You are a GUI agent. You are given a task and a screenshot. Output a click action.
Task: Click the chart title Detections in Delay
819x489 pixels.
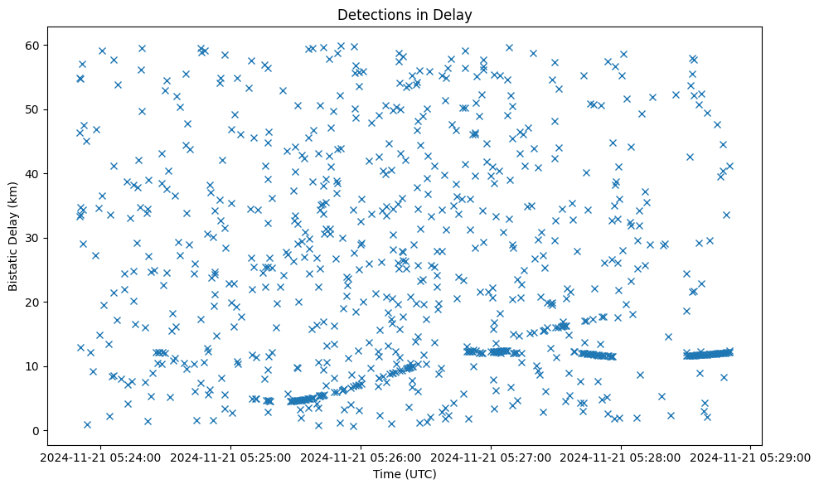(405, 14)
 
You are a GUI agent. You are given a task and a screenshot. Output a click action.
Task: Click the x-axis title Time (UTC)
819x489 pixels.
(405, 474)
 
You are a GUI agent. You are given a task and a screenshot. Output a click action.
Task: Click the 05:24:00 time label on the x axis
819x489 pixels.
(101, 457)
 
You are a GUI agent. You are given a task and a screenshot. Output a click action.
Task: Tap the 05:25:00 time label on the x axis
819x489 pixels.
(231, 457)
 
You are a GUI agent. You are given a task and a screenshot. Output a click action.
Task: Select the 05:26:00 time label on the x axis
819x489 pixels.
(361, 457)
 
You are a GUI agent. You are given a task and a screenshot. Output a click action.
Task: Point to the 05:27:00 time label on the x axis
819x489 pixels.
(491, 457)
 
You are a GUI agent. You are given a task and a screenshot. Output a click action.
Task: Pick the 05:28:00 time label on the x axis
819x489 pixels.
(621, 457)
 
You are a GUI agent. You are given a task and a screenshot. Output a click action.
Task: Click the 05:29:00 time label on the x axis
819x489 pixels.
(751, 457)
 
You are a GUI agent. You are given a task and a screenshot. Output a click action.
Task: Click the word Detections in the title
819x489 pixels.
(370, 14)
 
